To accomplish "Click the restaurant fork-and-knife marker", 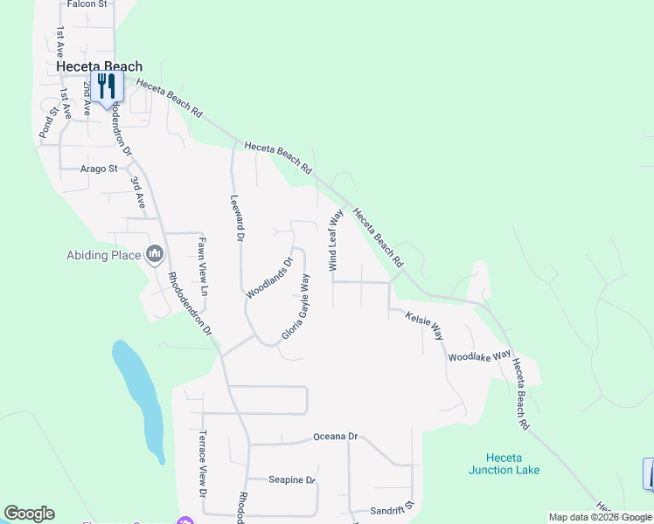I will [x=107, y=86].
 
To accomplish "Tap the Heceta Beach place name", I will [x=99, y=65].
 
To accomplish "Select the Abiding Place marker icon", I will [x=156, y=254].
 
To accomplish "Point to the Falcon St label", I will [x=87, y=4].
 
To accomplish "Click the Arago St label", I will [x=99, y=169].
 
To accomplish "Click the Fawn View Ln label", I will [x=203, y=265].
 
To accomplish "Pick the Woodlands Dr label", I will [x=269, y=278].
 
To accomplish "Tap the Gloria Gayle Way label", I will [x=297, y=307].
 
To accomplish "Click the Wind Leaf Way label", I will [x=333, y=239].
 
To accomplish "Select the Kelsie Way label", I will [x=425, y=327].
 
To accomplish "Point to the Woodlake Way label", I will [x=479, y=356].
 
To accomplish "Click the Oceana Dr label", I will [x=336, y=436].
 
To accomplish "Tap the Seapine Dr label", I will [x=291, y=479].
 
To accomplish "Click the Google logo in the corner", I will [x=29, y=514].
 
